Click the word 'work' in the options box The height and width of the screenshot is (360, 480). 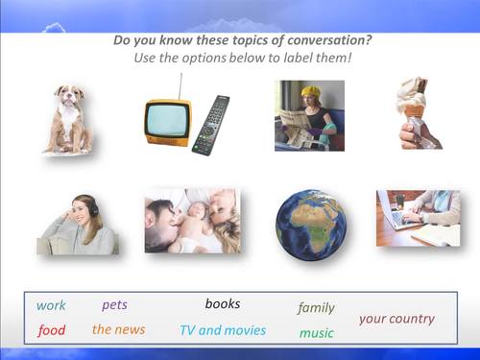pyautogui.click(x=51, y=306)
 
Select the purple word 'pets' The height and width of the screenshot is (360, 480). pyautogui.click(x=114, y=305)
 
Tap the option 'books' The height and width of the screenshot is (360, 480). pyautogui.click(x=223, y=304)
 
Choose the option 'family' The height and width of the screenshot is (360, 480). pyautogui.click(x=316, y=308)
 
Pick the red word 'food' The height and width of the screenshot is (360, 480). pyautogui.click(x=52, y=330)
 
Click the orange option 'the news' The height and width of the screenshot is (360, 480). pyautogui.click(x=119, y=329)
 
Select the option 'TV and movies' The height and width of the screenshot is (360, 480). pyautogui.click(x=223, y=330)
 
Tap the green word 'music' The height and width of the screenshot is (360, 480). pyautogui.click(x=316, y=333)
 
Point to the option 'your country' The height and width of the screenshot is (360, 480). pyautogui.click(x=396, y=319)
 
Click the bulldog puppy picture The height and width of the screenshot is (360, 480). pyautogui.click(x=69, y=118)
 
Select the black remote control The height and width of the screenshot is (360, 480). pyautogui.click(x=211, y=124)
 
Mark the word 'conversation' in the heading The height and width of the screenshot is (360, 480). pyautogui.click(x=322, y=40)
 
